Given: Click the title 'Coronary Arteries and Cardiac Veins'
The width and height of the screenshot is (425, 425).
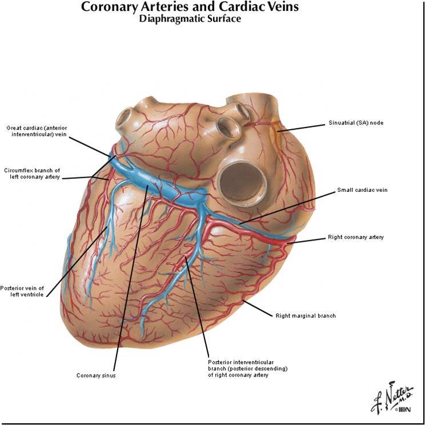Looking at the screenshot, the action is (190, 7).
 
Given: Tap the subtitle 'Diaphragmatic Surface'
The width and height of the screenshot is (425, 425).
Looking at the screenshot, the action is (190, 19).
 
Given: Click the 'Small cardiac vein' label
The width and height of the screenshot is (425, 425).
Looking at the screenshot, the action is (362, 190).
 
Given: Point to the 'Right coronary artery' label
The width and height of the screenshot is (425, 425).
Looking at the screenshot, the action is (355, 236).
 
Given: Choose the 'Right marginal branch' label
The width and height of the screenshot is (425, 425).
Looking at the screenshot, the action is (306, 315).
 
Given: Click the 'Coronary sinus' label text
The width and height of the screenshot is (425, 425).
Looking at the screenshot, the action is (96, 375).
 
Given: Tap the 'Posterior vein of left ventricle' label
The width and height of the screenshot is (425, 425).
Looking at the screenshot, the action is (22, 291).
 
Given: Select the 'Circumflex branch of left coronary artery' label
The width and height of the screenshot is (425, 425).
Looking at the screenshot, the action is (31, 174).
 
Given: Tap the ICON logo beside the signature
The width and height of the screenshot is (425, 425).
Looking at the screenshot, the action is (403, 409).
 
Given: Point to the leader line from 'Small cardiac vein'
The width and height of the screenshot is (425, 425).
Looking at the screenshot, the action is (286, 207).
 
